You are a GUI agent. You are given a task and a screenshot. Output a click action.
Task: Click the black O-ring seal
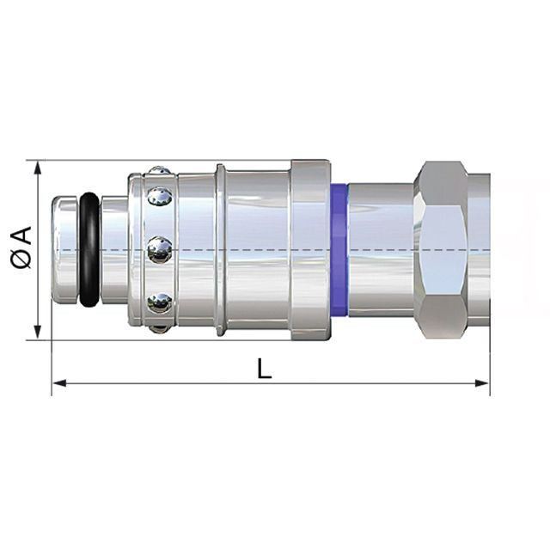click(89, 250)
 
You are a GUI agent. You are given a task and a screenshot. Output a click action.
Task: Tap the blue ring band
click(339, 250)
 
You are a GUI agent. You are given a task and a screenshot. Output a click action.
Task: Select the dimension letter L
click(264, 369)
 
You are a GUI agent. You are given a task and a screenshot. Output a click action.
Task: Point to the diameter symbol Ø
click(21, 260)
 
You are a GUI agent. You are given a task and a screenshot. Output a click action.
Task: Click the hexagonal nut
click(441, 250)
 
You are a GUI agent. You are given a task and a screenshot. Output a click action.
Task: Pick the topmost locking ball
click(160, 170)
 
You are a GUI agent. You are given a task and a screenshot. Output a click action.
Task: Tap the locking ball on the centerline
click(160, 249)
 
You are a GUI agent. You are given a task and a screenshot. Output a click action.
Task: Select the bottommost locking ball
click(158, 328)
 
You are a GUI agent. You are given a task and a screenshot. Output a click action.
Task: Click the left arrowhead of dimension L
click(59, 383)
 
